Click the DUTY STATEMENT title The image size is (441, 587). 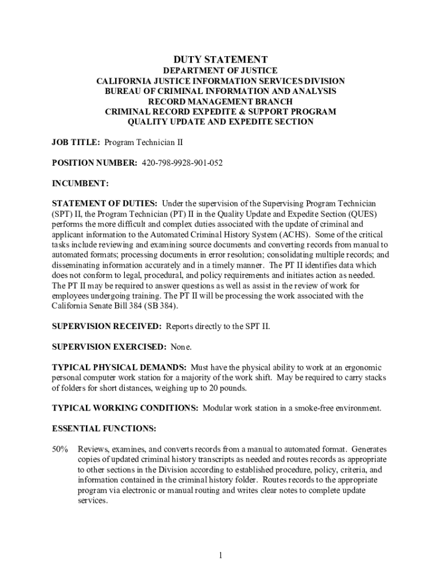click(x=220, y=60)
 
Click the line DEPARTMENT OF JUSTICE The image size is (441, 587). click(x=220, y=71)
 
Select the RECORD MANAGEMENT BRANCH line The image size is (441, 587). click(x=220, y=101)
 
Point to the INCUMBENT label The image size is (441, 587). click(x=80, y=183)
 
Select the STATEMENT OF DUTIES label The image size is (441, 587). click(x=105, y=204)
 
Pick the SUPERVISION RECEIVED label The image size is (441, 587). click(x=107, y=326)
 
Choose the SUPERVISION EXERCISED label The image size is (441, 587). click(x=109, y=347)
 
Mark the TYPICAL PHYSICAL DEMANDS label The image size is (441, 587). click(x=119, y=367)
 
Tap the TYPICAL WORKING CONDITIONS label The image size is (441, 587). click(x=125, y=408)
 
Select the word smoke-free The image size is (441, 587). click(x=307, y=408)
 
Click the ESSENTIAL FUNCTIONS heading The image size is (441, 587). click(x=104, y=428)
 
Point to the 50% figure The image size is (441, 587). click(x=61, y=449)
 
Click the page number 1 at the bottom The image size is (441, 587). click(x=220, y=555)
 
